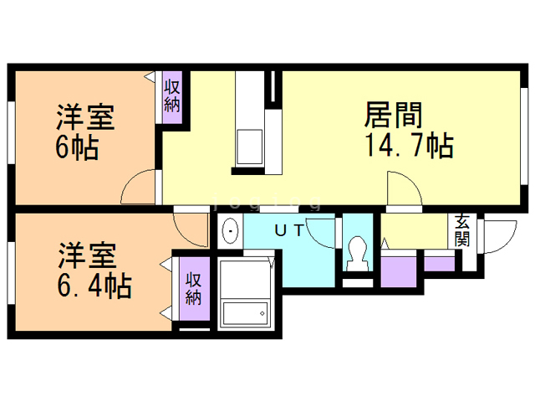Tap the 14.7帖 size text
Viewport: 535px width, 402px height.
(408, 146)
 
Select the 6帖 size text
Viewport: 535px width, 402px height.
(77, 147)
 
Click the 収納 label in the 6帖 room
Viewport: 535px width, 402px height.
(173, 95)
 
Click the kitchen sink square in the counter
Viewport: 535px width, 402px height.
(249, 147)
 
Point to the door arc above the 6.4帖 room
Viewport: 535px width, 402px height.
(190, 224)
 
